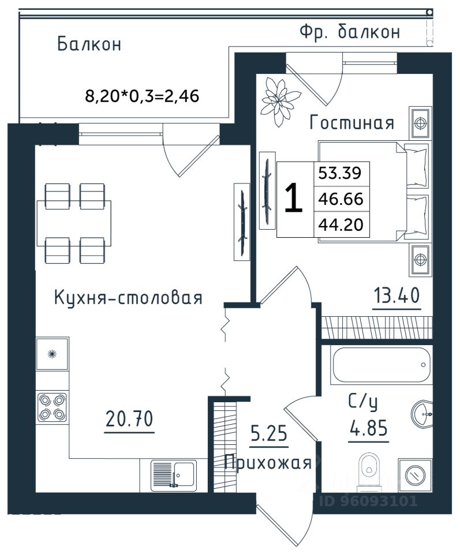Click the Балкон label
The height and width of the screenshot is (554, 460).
coord(89,44)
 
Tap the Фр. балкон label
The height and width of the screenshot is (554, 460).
coord(350,32)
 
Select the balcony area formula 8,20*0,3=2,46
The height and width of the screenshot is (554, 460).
coord(142,96)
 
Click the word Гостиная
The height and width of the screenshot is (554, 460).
coord(351,122)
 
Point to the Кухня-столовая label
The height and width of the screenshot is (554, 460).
coord(128,298)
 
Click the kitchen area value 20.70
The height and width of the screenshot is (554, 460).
coord(129,419)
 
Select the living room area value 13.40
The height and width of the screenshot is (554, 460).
coord(397,295)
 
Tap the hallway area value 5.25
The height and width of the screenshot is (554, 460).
coord(269,433)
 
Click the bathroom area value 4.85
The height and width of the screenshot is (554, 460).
coord(368,428)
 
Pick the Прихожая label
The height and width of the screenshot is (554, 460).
coord(268,463)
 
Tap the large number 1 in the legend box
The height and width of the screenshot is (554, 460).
coord(294,198)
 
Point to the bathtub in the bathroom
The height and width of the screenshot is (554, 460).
coord(381,365)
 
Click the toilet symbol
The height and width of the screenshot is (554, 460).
coord(368,473)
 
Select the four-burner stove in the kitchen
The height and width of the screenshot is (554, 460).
coord(53,407)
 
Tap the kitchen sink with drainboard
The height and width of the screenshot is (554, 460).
coord(174,476)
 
